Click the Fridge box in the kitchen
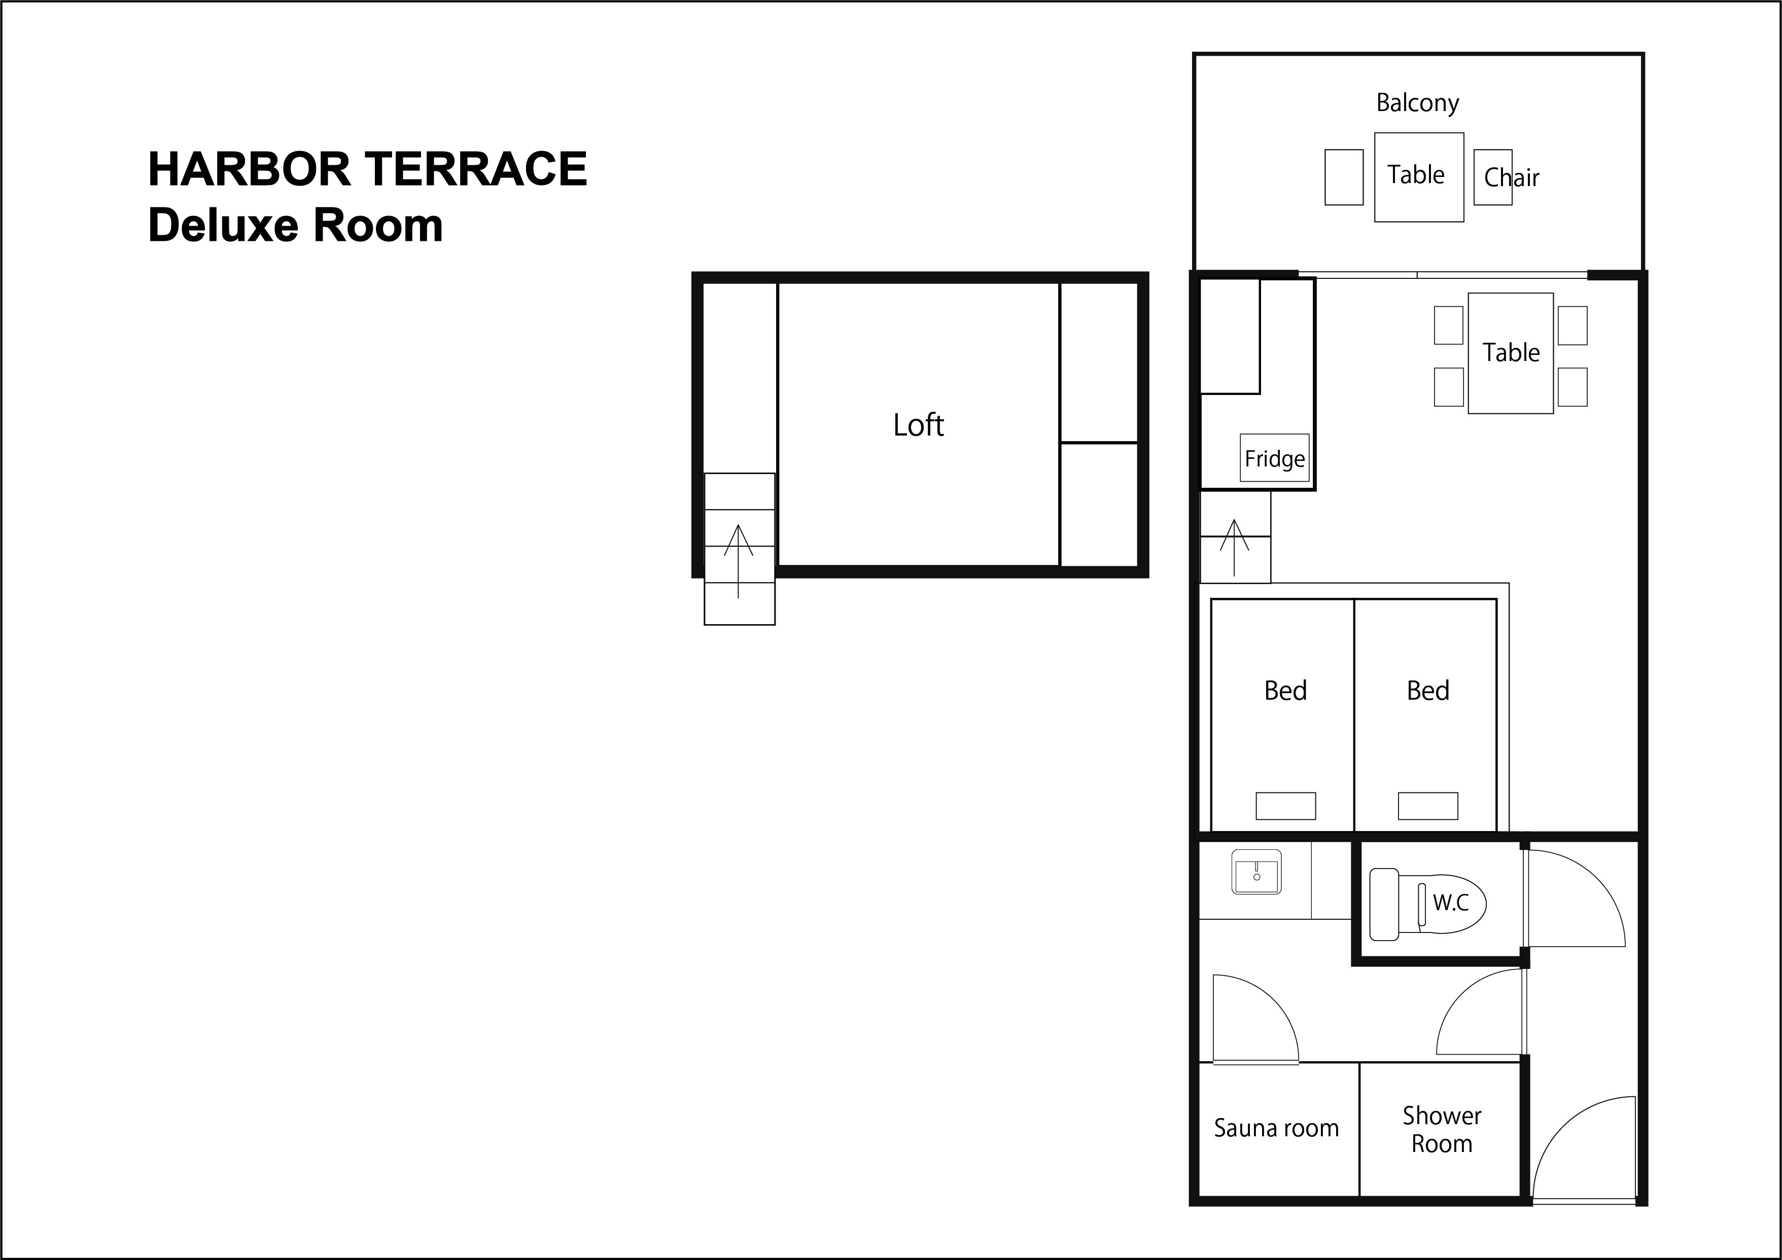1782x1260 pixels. (x=1274, y=458)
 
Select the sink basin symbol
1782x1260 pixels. (x=1256, y=872)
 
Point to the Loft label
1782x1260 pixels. (x=918, y=425)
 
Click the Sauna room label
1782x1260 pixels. (x=1277, y=1128)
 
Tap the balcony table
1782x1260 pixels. (x=1419, y=177)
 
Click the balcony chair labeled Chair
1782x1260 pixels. (x=1492, y=177)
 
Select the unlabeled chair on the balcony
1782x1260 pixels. (x=1344, y=177)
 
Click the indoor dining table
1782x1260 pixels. (x=1510, y=353)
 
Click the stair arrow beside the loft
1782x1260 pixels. (x=738, y=561)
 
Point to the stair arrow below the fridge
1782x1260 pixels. (x=1234, y=547)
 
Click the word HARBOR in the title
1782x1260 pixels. (x=249, y=169)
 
